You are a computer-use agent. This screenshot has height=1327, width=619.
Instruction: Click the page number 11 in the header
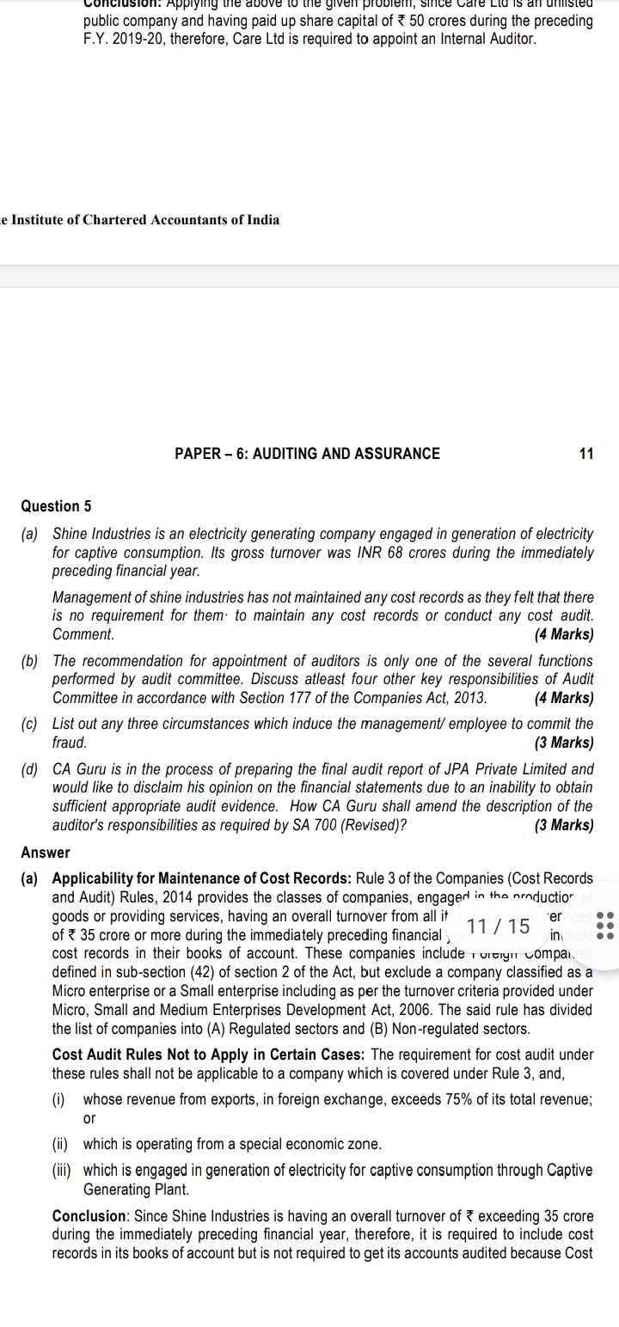tap(586, 454)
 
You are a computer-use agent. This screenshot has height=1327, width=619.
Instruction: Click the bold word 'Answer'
tap(46, 853)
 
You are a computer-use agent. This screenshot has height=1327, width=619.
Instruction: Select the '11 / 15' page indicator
tap(500, 926)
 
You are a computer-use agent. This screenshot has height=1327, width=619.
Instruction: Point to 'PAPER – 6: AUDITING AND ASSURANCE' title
tap(307, 454)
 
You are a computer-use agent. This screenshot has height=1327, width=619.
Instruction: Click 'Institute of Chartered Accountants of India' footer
tap(143, 220)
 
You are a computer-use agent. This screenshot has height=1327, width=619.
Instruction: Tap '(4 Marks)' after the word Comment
tap(563, 635)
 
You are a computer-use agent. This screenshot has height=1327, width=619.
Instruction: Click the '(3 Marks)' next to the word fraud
tap(563, 743)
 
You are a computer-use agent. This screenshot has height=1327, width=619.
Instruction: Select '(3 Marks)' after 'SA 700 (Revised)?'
tap(563, 826)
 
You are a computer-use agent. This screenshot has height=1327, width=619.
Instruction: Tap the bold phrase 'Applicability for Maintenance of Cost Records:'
tap(201, 878)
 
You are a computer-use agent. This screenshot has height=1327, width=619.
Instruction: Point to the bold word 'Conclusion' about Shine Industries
tap(89, 1216)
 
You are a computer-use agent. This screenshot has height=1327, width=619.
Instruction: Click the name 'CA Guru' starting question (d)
tap(78, 769)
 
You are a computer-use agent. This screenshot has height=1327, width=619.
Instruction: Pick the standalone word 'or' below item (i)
tap(89, 1118)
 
